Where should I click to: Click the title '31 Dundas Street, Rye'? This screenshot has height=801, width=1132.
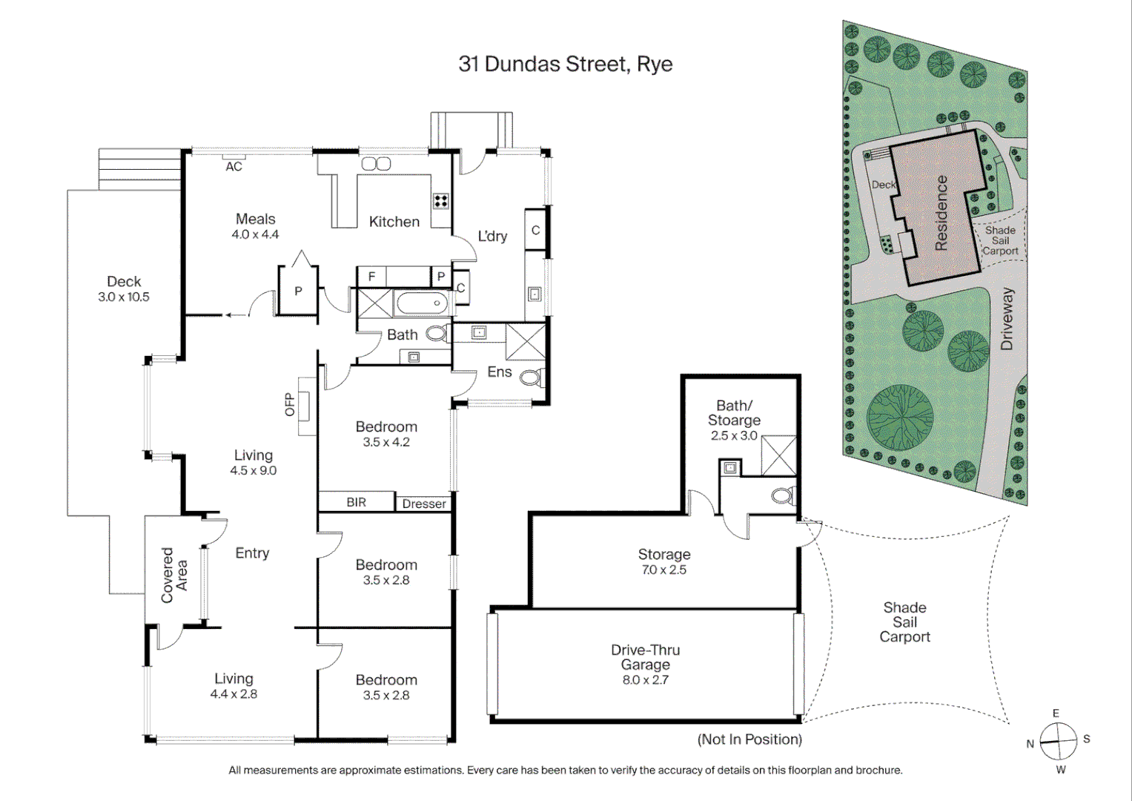[x=565, y=64]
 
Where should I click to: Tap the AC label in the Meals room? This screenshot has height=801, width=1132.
[x=234, y=167]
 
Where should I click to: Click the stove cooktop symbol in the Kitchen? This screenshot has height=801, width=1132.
[x=441, y=200]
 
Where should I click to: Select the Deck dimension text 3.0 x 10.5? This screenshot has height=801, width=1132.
[x=124, y=297]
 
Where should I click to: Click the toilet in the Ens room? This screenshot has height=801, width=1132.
[x=532, y=378]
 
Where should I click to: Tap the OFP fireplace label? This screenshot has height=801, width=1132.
[x=290, y=405]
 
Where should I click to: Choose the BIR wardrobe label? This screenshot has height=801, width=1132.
[x=356, y=502]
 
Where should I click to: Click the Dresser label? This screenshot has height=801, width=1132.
[x=424, y=504]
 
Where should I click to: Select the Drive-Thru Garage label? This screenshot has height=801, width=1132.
[x=645, y=657]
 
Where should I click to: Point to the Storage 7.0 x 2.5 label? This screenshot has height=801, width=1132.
[x=663, y=561]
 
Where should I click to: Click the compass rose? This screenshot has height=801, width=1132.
[x=1058, y=741]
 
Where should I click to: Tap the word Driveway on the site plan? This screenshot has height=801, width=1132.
[x=1006, y=319]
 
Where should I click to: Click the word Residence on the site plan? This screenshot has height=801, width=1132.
[x=941, y=213]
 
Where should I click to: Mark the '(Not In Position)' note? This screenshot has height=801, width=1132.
[x=749, y=739]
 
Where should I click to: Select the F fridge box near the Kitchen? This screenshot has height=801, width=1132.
[x=371, y=277]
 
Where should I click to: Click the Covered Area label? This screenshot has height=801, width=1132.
[x=174, y=575]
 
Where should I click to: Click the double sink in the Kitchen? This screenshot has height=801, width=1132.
[x=376, y=164]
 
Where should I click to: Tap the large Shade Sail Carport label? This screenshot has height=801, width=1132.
[x=904, y=622]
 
